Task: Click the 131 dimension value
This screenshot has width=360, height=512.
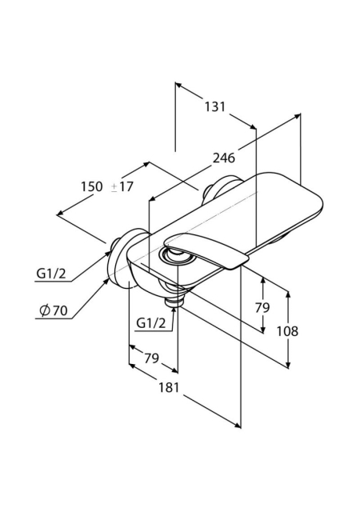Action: coord(215,106)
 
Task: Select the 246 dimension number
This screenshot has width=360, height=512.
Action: coord(224,158)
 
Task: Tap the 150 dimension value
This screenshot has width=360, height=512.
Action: coord(92,186)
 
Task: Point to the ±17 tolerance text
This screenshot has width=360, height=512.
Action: coord(122,186)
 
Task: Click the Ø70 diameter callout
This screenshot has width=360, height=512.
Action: coord(53,310)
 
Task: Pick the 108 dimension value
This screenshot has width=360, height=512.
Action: coord(287,331)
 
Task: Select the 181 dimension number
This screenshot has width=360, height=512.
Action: coord(169,387)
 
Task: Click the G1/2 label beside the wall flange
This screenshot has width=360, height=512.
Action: coord(51,273)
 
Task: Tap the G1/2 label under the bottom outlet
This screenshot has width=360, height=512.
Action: coord(151,323)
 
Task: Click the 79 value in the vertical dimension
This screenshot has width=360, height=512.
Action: coord(262,307)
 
